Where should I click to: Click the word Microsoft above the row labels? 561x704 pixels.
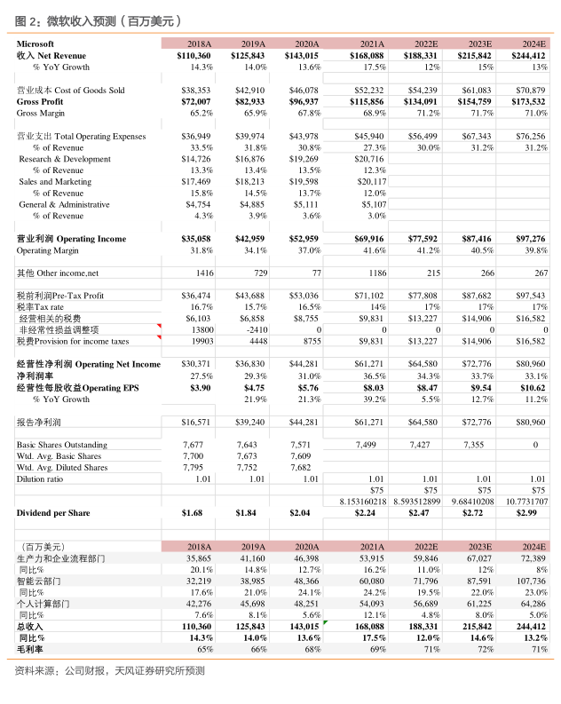tap(36, 44)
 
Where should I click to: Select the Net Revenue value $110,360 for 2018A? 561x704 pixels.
tap(194, 55)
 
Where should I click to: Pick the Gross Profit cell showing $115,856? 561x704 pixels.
tap(367, 101)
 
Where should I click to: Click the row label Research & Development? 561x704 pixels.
tap(65, 158)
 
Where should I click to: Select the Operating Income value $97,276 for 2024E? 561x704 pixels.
tap(530, 239)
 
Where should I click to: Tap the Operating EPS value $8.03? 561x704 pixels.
tap(372, 387)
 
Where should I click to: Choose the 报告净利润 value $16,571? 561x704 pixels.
tap(196, 422)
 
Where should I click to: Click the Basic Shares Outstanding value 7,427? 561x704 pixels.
tap(425, 444)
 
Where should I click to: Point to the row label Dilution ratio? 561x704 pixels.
tap(40, 479)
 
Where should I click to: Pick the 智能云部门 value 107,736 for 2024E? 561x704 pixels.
tap(529, 580)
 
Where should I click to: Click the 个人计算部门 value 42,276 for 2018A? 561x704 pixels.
tap(199, 603)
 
